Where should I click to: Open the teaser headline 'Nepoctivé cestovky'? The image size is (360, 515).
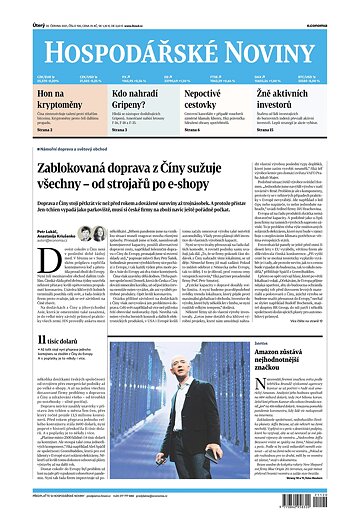[x=209, y=96]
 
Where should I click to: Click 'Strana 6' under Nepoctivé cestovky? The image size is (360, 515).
[x=195, y=129]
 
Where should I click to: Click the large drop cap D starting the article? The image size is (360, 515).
[x=14, y=279]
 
